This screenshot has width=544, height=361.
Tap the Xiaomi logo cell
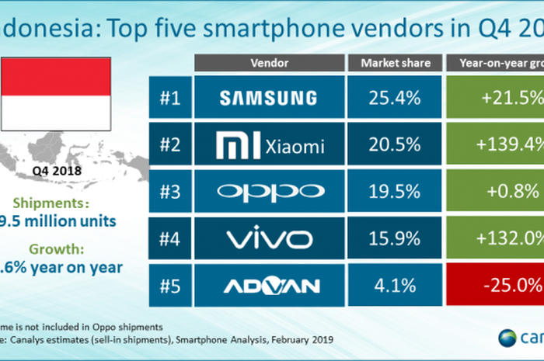click(267, 143)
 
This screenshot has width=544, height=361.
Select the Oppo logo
click(267, 189)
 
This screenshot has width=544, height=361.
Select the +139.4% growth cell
click(495, 143)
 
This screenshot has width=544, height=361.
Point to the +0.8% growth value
click(495, 189)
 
